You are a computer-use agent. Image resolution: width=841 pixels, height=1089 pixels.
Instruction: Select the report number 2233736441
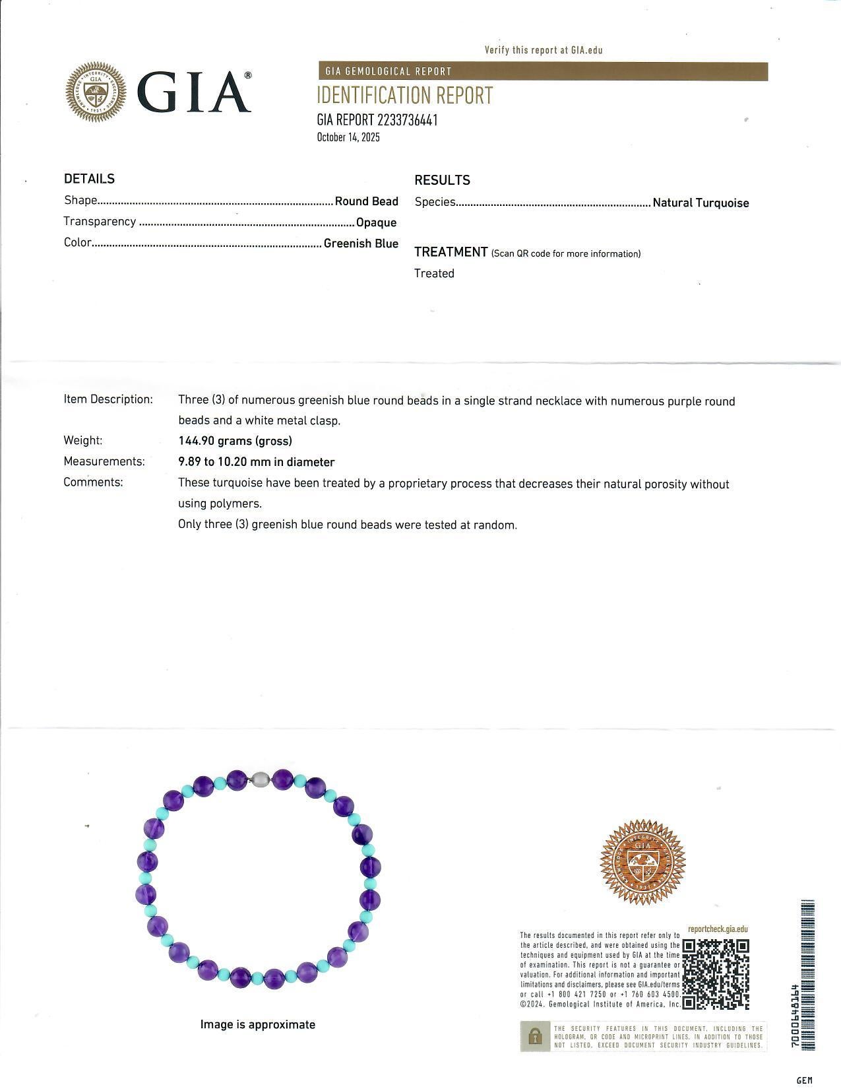pyautogui.click(x=407, y=120)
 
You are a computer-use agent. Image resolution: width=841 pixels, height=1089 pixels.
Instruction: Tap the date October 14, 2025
pyautogui.click(x=348, y=137)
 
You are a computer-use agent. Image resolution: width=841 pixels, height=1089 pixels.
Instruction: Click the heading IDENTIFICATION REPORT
pyautogui.click(x=404, y=96)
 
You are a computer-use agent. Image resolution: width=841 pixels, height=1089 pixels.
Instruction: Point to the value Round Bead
pyautogui.click(x=366, y=201)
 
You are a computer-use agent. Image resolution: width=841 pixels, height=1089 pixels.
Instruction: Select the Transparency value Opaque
pyautogui.click(x=376, y=222)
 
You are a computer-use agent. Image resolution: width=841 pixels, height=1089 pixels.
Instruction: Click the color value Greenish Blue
pyautogui.click(x=361, y=244)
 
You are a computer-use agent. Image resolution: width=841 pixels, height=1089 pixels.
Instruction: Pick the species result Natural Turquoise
pyautogui.click(x=701, y=203)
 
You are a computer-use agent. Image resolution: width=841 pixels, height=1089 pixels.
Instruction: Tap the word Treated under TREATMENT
pyautogui.click(x=434, y=273)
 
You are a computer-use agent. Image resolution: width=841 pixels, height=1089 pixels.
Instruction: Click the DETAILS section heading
pyautogui.click(x=89, y=179)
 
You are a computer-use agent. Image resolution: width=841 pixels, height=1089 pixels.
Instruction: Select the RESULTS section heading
pyautogui.click(x=442, y=180)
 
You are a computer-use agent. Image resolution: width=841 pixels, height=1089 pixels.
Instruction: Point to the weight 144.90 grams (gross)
pyautogui.click(x=235, y=440)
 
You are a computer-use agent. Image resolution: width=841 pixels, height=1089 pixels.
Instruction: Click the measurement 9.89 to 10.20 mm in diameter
pyautogui.click(x=256, y=462)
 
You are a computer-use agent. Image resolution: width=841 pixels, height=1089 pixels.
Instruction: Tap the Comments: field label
pyautogui.click(x=93, y=482)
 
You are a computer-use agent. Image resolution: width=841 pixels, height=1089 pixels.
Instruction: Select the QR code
pyautogui.click(x=716, y=974)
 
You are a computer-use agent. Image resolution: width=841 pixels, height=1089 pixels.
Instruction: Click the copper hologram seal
pyautogui.click(x=642, y=862)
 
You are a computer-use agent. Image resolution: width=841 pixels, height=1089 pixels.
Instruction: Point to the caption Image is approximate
pyautogui.click(x=257, y=1024)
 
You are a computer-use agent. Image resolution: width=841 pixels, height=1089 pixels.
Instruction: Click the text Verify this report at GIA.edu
pyautogui.click(x=544, y=50)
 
